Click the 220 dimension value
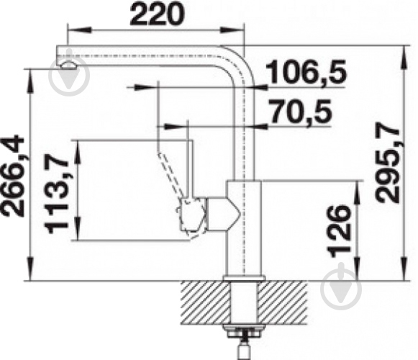coord(158,14)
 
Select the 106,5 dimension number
coord(306,71)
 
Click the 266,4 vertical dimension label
coord(13,176)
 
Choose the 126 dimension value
coord(340,231)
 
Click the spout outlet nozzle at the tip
coord(68,65)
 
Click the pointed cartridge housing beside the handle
coord(224,214)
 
